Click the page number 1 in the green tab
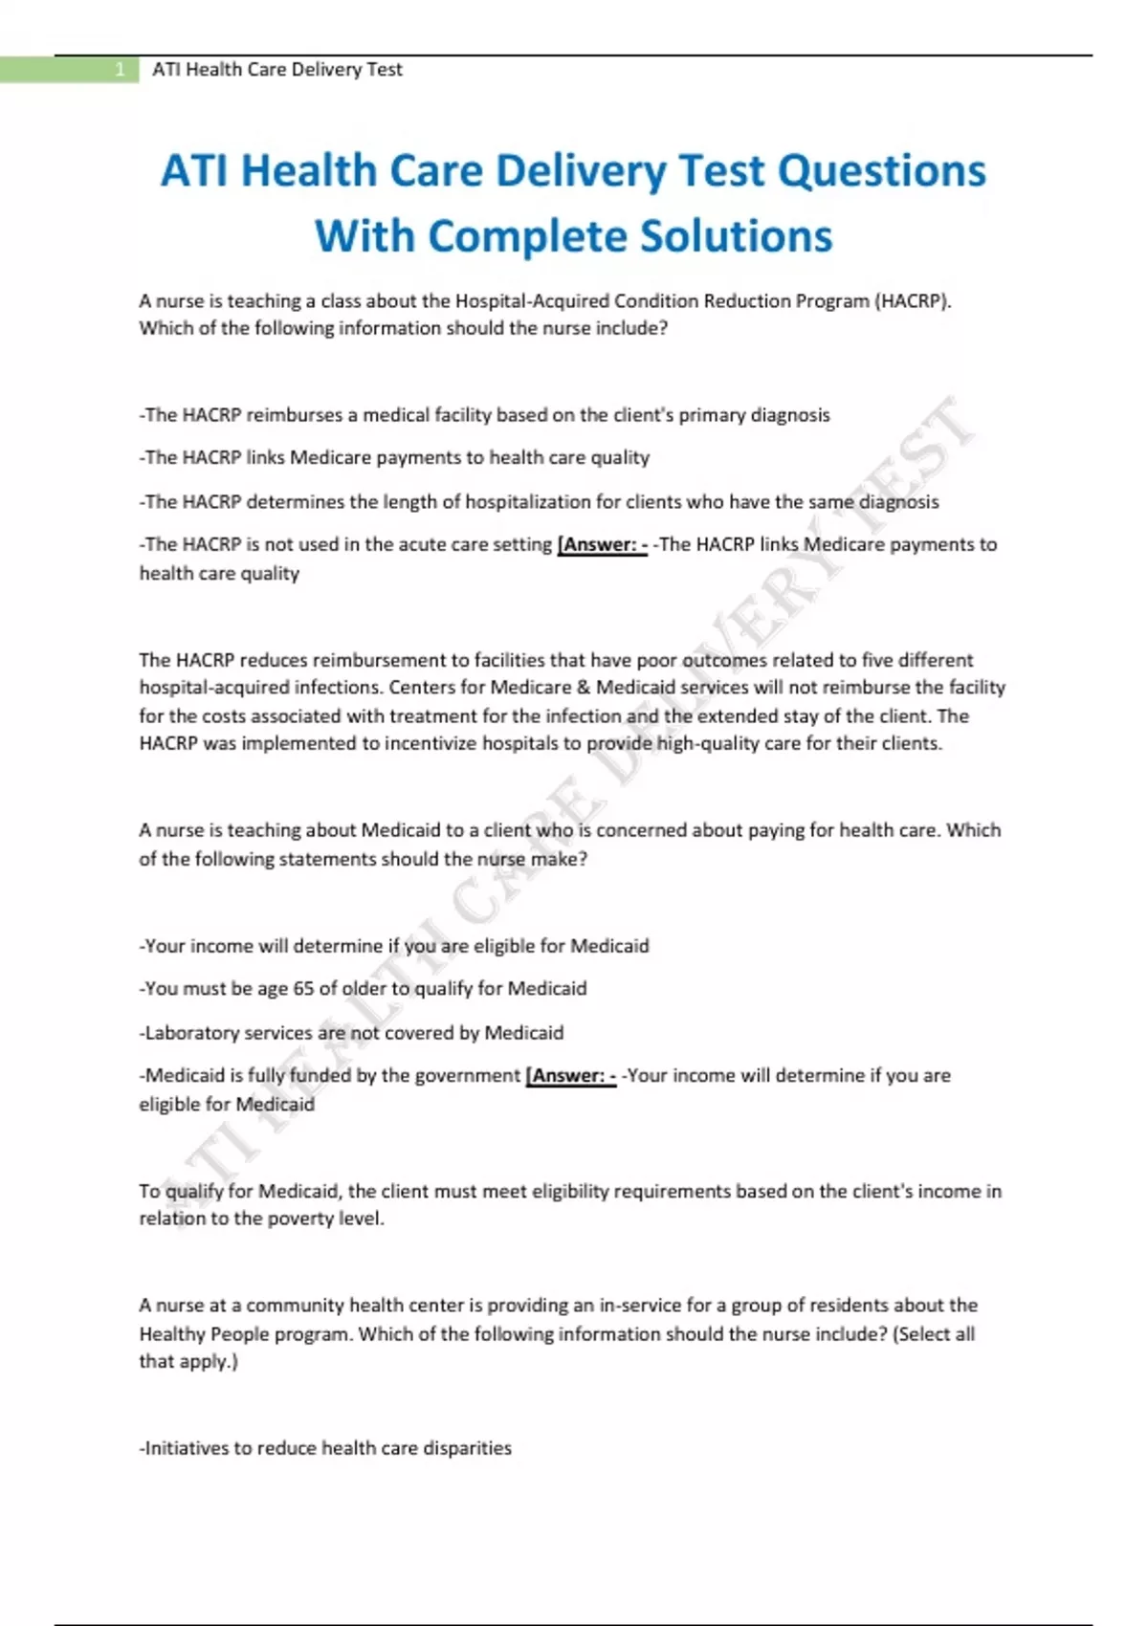click(120, 70)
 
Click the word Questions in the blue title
click(881, 172)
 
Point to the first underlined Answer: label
click(602, 545)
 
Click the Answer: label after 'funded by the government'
click(571, 1076)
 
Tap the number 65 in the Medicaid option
click(303, 989)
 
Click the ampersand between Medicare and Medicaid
click(581, 688)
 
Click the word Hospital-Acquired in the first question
click(531, 301)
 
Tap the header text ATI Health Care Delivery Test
click(277, 70)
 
